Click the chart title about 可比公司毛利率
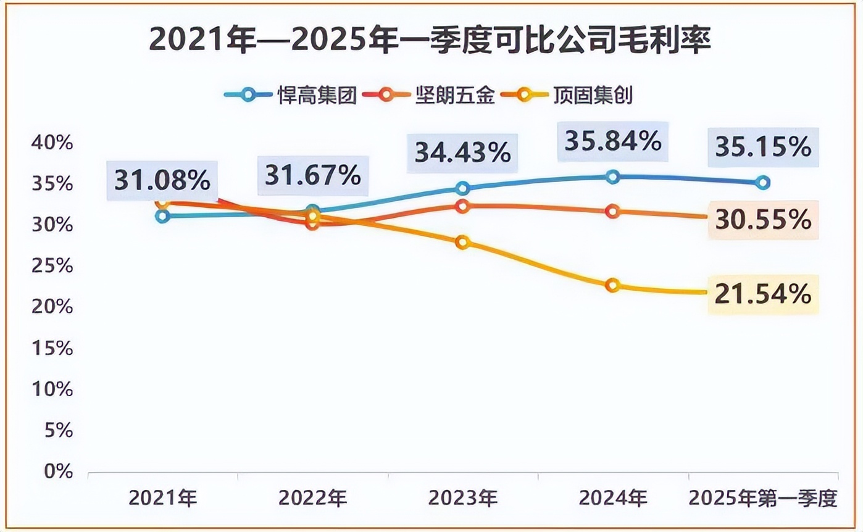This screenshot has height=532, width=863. coord(430,41)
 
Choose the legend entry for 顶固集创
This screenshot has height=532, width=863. coord(567,96)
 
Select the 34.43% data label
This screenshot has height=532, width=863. coord(462,152)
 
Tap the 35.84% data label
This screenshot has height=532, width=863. coord(612,142)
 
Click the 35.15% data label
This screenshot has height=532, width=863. coord(763,147)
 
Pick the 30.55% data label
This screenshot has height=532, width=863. coord(763,219)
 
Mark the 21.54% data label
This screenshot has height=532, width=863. coord(763,294)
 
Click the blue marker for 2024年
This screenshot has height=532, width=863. coord(612,177)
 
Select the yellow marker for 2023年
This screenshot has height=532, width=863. coord(462,242)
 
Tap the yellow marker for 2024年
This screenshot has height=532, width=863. coord(612,285)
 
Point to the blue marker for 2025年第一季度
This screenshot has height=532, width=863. coord(763,182)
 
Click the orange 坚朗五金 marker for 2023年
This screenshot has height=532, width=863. coord(462,206)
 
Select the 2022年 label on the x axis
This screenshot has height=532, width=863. coord(312,497)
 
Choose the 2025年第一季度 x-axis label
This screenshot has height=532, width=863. coord(763,497)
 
